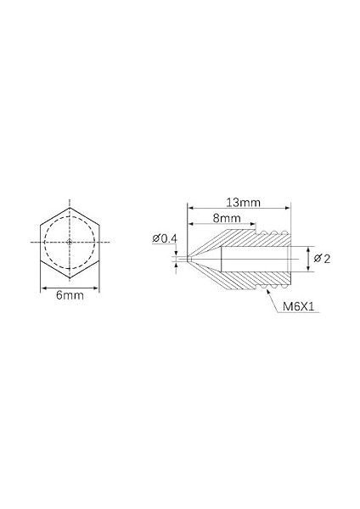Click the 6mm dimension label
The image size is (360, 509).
pos(70,295)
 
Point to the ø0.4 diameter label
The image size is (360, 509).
pos(165,238)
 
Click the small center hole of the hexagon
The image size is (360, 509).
pos(70,243)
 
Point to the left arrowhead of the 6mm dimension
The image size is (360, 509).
pos(43,288)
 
